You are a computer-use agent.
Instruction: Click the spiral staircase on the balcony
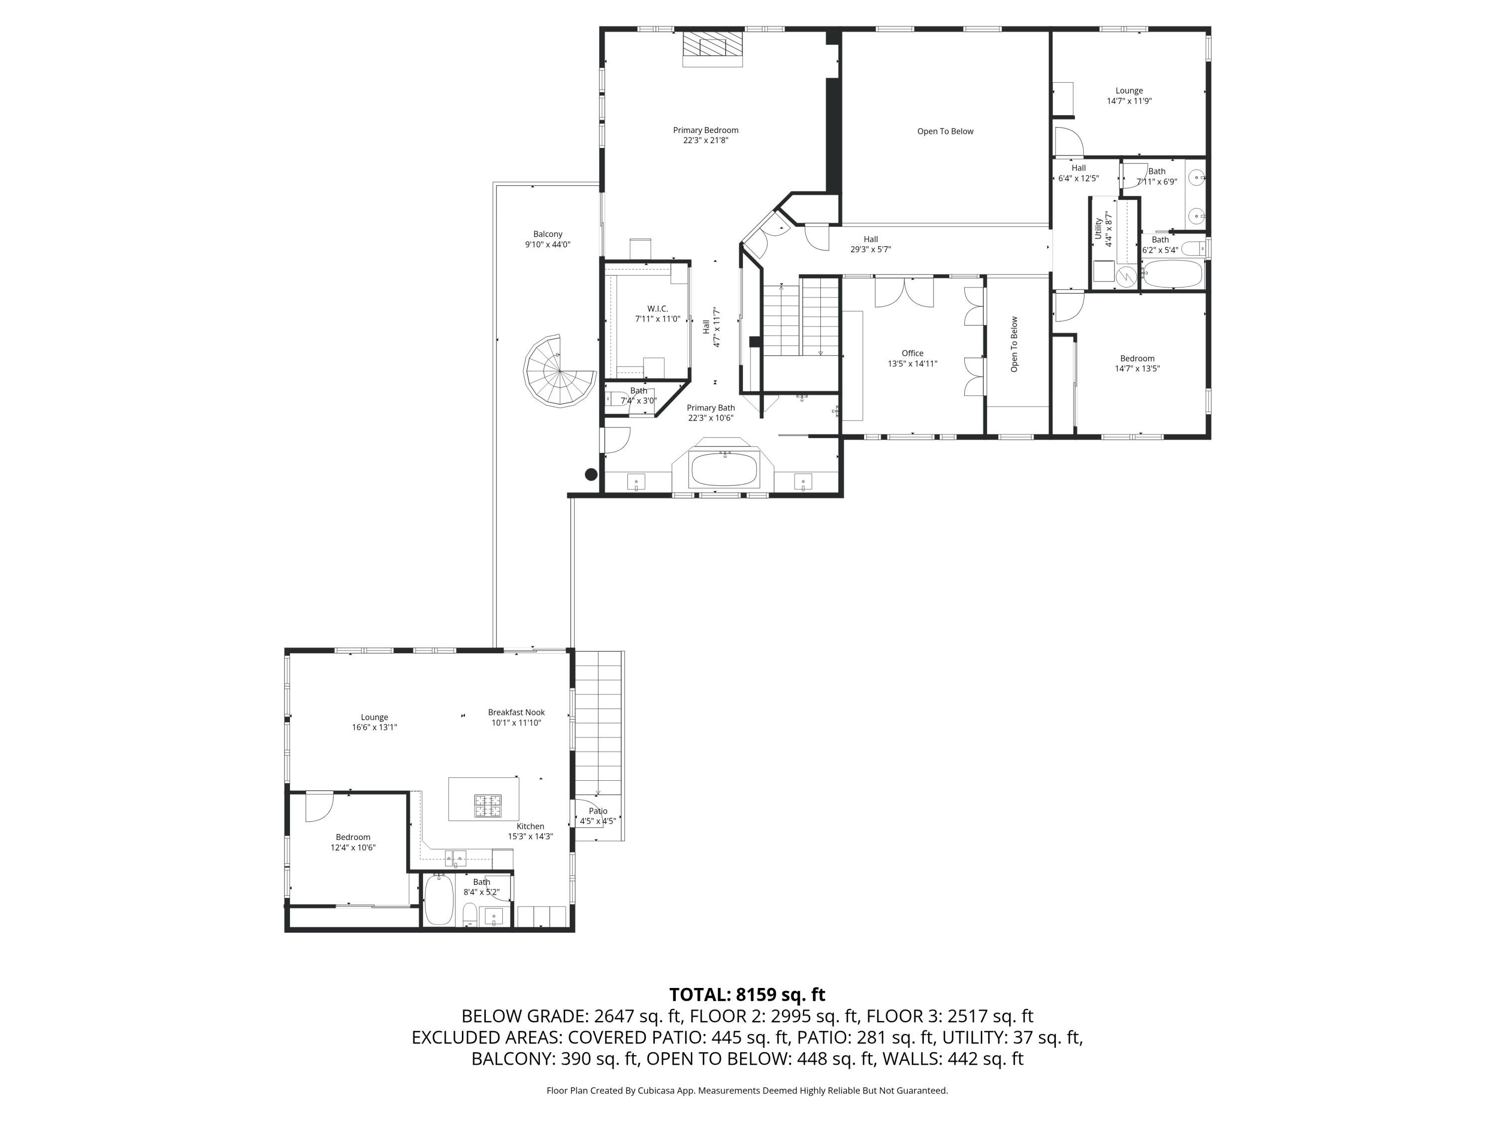(x=558, y=371)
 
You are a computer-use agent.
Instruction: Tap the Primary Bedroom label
(x=705, y=131)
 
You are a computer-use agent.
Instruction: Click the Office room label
(x=912, y=353)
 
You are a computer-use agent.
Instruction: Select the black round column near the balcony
(x=591, y=474)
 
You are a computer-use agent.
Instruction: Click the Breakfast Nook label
(x=516, y=712)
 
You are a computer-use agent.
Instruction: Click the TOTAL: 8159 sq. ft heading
(x=747, y=994)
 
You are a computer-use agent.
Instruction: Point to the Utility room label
(x=1098, y=228)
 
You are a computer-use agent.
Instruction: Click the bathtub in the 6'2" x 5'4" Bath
(x=1172, y=274)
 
